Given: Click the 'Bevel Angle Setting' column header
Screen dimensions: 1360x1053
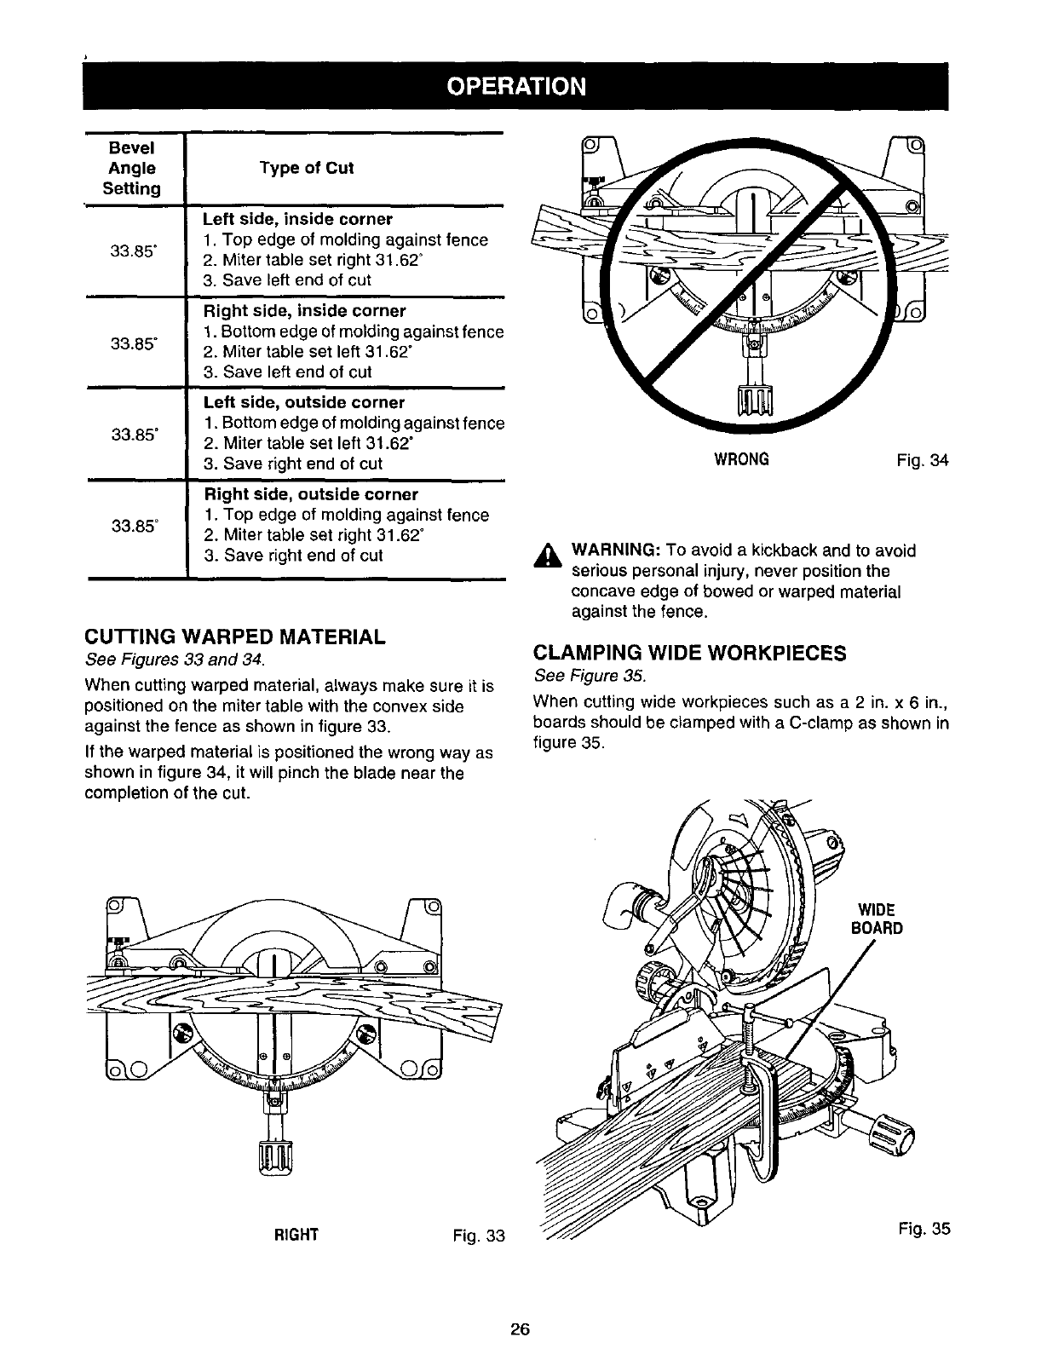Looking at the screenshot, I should [x=132, y=168].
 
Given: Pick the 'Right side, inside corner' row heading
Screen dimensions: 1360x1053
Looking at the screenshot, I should [x=304, y=311].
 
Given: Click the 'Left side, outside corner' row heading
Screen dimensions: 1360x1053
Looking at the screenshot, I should [x=304, y=402].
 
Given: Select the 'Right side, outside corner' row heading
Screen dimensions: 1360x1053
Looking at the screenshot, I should [x=311, y=494].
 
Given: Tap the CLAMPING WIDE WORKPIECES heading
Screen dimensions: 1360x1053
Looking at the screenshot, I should [x=689, y=654].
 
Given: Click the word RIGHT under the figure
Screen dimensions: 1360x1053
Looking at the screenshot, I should [x=296, y=1235].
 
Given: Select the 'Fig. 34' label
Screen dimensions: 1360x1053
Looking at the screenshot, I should [x=922, y=460].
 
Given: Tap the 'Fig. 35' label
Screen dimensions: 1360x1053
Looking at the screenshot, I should [x=924, y=1229].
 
